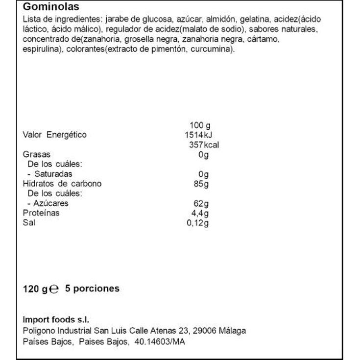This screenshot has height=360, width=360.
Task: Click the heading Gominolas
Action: pos(51,7)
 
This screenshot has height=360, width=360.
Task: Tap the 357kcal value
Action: pos(203,145)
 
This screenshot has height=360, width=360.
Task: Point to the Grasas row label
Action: pos(37,155)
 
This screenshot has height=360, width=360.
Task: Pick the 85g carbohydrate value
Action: pos(201,184)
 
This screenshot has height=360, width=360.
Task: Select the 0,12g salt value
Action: pos(198,223)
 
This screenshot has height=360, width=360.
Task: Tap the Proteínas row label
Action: pos(41,213)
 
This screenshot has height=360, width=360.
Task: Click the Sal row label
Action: pos(29,223)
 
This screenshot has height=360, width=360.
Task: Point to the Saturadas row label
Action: pos(52,174)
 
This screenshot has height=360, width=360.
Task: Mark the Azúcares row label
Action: pos(51,203)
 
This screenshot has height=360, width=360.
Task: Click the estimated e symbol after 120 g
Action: pos(55,289)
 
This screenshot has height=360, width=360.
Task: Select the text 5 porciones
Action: pos(92,288)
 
